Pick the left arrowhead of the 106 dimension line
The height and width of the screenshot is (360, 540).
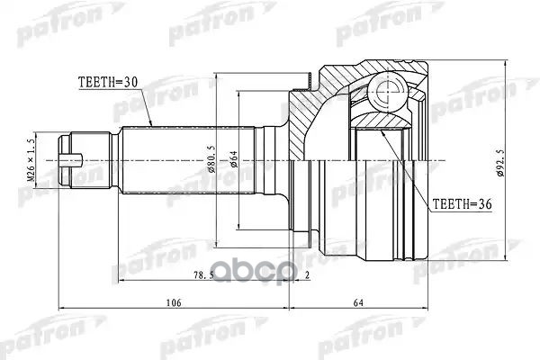[x=59, y=311]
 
